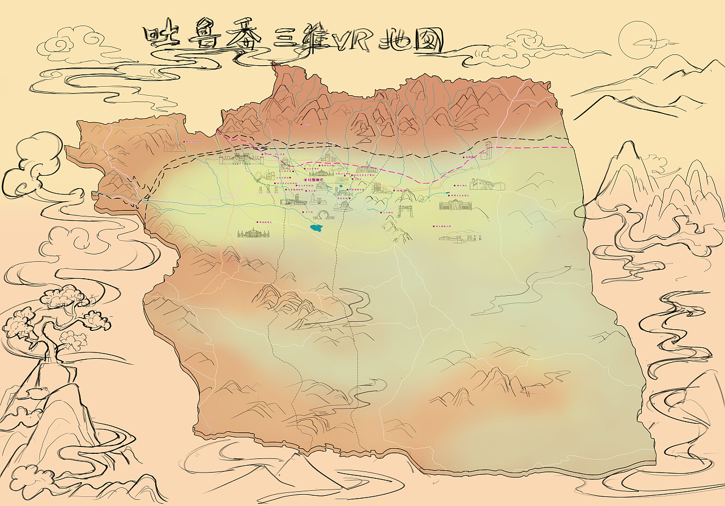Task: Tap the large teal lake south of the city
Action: tap(317, 228)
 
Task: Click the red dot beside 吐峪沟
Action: tap(393, 191)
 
